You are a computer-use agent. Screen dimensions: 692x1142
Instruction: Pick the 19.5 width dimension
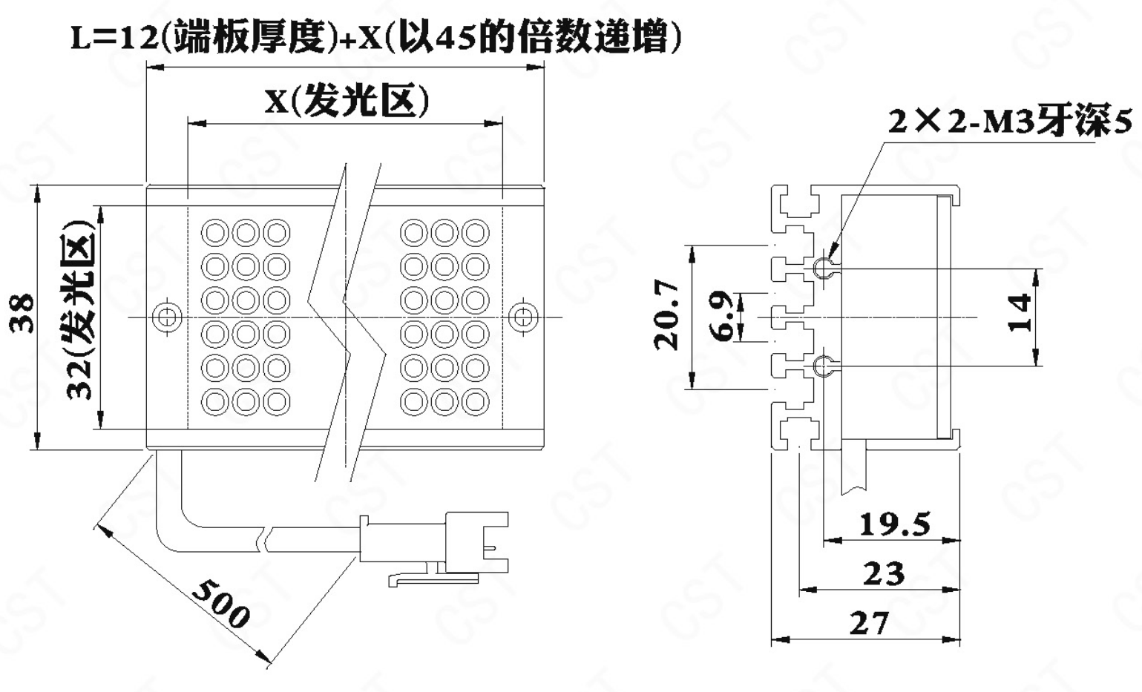coord(894,524)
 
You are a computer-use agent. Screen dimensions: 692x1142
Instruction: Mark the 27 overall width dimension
coord(868,623)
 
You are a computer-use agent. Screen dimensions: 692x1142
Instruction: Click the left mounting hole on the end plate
coord(168,317)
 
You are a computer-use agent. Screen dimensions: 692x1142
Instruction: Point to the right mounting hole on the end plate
coord(522,317)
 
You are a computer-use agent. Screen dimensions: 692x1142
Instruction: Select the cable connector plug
coord(435,545)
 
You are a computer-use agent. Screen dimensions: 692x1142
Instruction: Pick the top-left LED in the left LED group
coord(215,233)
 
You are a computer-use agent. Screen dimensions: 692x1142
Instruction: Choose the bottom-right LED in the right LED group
coord(475,401)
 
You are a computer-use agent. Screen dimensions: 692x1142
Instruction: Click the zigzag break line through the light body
coord(347,319)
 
